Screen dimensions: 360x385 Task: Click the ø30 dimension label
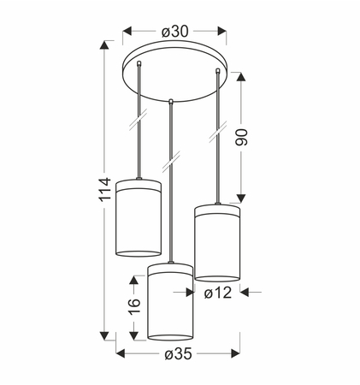pyautogui.click(x=175, y=32)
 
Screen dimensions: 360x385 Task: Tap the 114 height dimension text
pyautogui.click(x=105, y=190)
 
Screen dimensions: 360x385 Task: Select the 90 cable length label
pyautogui.click(x=241, y=138)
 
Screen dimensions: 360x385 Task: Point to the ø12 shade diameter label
pyautogui.click(x=218, y=293)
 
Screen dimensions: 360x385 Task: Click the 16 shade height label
pyautogui.click(x=134, y=307)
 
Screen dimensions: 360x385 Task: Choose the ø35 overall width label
pyautogui.click(x=179, y=354)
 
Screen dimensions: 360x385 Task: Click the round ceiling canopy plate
pyautogui.click(x=174, y=71)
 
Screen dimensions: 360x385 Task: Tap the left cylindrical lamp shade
pyautogui.click(x=139, y=218)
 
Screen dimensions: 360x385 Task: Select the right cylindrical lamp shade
pyautogui.click(x=217, y=243)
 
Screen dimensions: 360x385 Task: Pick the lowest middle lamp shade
pyautogui.click(x=170, y=302)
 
